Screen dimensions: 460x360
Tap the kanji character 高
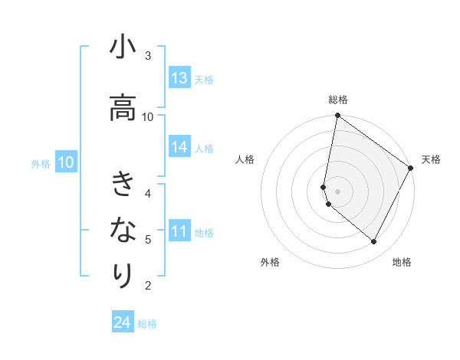pos(123,108)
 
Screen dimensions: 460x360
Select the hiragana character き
pos(123,185)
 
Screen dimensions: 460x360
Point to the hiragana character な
pos(123,230)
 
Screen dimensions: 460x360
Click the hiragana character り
pos(123,274)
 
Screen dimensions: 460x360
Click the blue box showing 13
pos(179,78)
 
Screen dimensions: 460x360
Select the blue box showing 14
pos(179,147)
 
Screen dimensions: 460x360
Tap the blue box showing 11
pos(179,231)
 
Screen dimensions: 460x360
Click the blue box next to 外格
pos(65,162)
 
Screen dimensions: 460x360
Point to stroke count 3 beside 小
pos(148,56)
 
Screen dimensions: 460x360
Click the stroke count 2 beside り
pos(148,286)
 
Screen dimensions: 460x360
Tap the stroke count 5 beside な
pos(148,240)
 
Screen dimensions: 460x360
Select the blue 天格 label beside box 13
pos(204,79)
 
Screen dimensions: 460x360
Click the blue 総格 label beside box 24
pos(147,324)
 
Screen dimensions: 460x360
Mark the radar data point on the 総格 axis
pos(337,116)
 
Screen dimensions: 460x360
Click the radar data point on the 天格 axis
pos(411,169)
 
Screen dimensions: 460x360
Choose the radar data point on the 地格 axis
pos(374,242)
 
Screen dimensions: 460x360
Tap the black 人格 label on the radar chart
pos(245,159)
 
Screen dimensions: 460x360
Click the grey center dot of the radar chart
pos(337,191)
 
